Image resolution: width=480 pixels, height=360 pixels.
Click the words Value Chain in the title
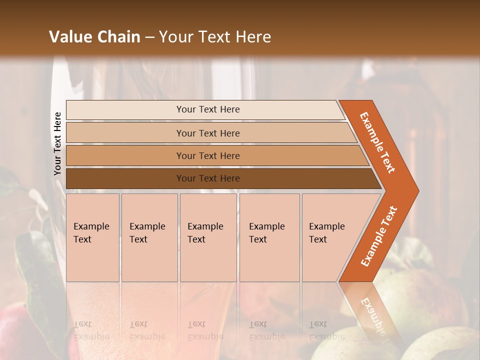tap(94, 36)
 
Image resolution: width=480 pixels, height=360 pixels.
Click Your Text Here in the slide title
tap(215, 36)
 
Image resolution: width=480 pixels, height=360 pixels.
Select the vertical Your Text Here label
tap(57, 143)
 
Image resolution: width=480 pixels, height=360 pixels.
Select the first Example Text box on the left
tap(92, 237)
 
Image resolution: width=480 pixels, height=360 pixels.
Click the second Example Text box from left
tap(149, 237)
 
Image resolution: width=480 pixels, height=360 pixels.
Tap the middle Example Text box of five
tap(208, 237)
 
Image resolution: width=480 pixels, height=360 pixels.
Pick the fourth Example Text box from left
tap(269, 237)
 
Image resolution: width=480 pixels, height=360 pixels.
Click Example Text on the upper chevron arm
tap(377, 142)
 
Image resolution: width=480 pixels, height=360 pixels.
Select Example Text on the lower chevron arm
tap(379, 236)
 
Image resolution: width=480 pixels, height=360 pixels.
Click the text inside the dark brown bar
tap(208, 178)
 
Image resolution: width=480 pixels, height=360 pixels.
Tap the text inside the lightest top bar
tap(208, 109)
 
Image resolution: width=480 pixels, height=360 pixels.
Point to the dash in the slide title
tap(149, 37)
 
